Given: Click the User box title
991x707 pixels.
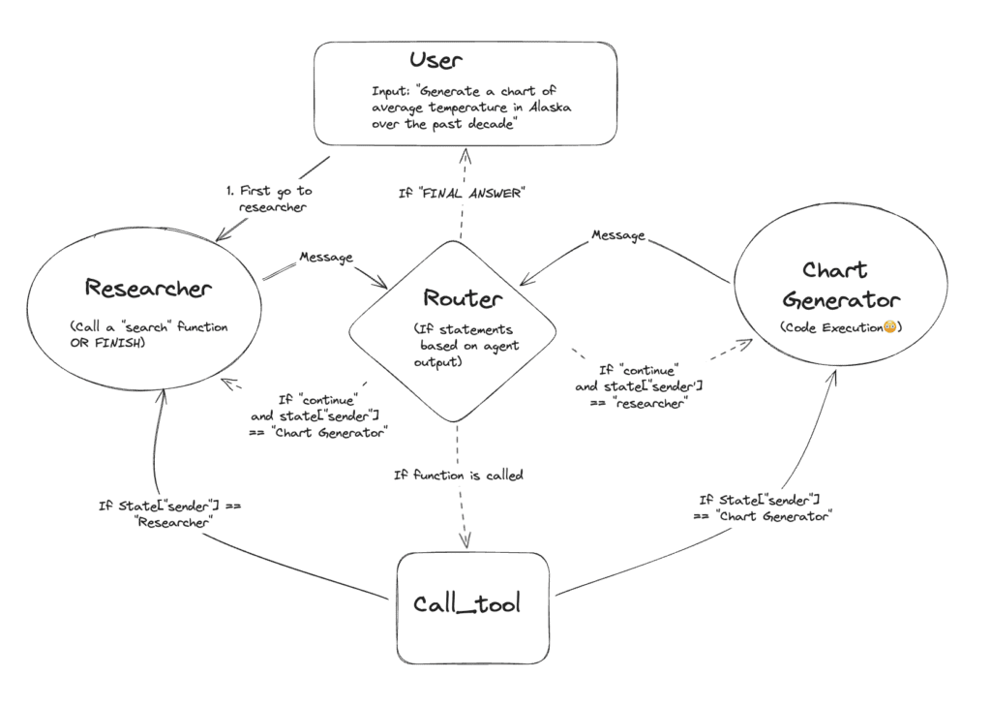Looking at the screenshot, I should pos(436,61).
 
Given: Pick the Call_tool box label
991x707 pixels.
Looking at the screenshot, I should pos(466,604).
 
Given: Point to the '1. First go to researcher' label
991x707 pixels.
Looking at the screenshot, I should pos(268,199).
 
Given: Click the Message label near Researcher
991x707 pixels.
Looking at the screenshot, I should pos(326,257).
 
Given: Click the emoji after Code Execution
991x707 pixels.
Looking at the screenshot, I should pos(887,328).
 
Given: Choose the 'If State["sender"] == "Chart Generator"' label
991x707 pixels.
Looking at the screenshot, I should pos(764,507).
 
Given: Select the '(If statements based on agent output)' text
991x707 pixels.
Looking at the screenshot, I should pos(456,345).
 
